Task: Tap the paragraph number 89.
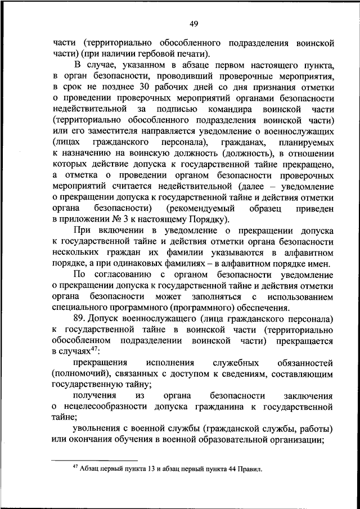click(82, 318)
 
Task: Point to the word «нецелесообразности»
click(105, 406)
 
